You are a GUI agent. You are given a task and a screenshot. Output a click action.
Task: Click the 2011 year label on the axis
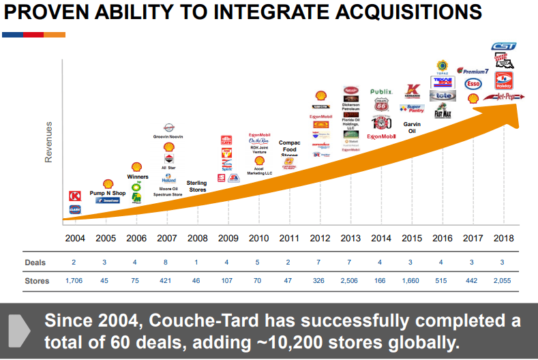point(290,239)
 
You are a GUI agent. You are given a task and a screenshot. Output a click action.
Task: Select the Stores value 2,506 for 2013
point(350,280)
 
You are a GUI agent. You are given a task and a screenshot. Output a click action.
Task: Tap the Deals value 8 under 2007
point(167,262)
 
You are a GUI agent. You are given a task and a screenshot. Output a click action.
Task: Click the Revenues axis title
point(48,142)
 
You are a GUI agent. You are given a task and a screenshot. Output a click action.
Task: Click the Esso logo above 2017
point(473,84)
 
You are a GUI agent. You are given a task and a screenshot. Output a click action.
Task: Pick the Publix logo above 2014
point(381,91)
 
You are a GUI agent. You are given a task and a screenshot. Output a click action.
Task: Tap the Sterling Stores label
point(197,186)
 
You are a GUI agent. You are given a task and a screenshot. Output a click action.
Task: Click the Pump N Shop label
point(108,193)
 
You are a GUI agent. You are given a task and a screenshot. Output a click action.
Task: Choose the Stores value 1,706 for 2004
point(75,280)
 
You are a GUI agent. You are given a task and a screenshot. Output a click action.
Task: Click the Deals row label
point(35,262)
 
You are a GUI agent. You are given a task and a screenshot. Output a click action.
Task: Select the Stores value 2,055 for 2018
point(503,280)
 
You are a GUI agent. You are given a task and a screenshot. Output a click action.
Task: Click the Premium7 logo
point(473,70)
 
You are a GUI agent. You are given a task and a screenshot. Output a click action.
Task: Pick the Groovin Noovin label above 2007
point(168,136)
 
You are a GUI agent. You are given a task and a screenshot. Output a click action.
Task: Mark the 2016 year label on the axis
point(443,239)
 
